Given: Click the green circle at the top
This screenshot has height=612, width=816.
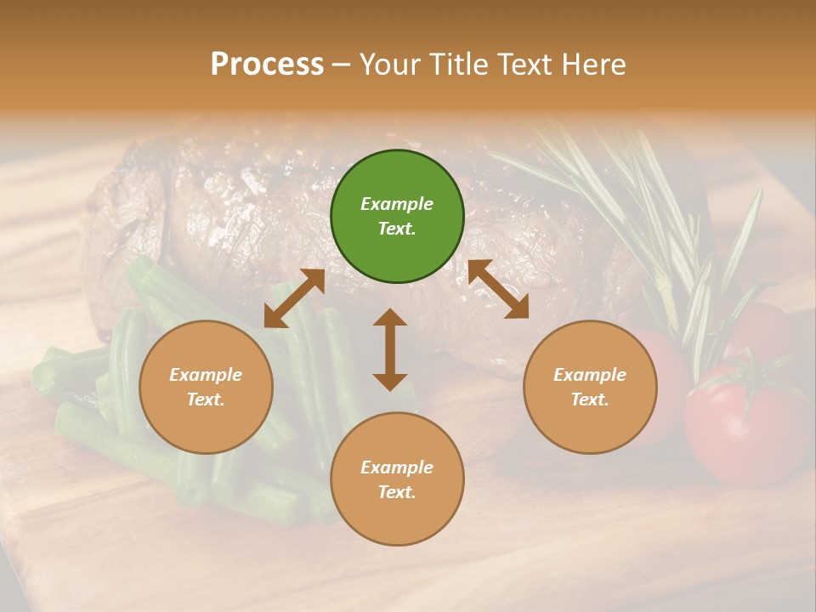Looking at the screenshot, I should pos(397,217).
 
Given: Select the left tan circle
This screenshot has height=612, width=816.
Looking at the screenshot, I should pos(206,388).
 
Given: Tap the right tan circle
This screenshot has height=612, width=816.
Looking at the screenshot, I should pos(590,388).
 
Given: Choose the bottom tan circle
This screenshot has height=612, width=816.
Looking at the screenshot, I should pos(397,479).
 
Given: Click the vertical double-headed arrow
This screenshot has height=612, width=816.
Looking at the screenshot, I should pos(390,349).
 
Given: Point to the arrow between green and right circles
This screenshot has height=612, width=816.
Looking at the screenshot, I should pos(498,289).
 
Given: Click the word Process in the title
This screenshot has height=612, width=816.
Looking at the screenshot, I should pos(267,65).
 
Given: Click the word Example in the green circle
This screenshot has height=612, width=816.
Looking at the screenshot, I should pos(397,204).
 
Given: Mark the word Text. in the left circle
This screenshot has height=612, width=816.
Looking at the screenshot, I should pos(206,399).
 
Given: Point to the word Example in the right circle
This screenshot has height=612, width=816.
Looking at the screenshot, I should pos(590,375).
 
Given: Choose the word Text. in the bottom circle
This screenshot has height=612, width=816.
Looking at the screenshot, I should pos(397,492).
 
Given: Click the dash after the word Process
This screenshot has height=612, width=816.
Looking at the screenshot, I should pos(342,65).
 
